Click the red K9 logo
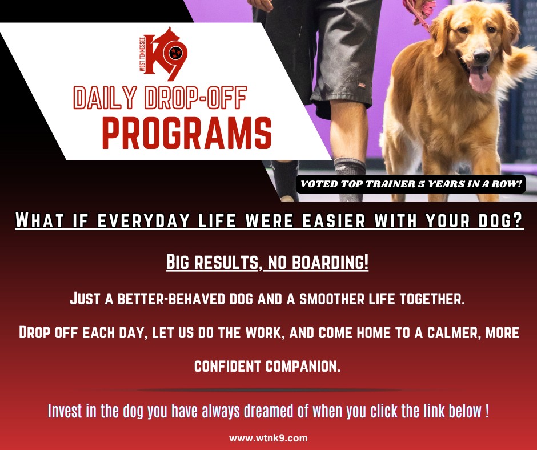pos(164,54)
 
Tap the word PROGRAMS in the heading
pos(187,133)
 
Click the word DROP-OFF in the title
pos(195,98)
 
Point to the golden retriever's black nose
pos(481,56)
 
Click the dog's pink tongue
pos(480,79)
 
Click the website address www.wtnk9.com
pos(268,438)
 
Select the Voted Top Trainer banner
pos(411,184)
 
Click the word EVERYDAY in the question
pos(143,220)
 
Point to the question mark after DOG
pos(517,220)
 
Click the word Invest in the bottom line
pos(65,411)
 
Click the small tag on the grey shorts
pos(361,84)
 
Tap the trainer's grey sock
pos(349,179)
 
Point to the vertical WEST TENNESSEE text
pos(142,54)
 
